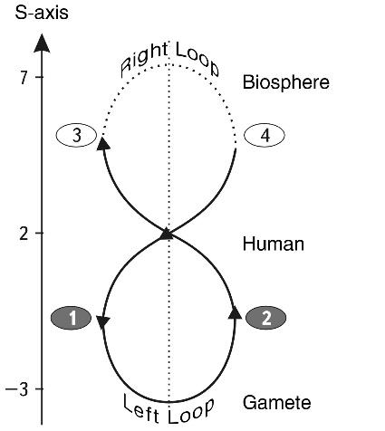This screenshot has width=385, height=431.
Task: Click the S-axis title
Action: pos(42,13)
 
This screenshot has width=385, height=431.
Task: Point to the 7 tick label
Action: pos(24,78)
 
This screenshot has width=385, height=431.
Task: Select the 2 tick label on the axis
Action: pos(24,234)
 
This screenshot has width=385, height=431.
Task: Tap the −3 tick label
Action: pos(17,389)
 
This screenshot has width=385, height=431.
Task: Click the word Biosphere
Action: pos(286,82)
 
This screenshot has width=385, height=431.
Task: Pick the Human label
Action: pos(274,244)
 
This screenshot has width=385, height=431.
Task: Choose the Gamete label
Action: pos(277,402)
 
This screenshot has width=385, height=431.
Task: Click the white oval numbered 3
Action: pos(76,135)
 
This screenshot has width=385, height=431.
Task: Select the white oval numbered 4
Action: pos(265,135)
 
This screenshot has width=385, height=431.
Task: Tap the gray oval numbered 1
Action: pos(72,318)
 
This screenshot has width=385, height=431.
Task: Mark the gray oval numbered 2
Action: pos(266,318)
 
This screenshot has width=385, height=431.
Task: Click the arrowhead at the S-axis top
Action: pos(42,43)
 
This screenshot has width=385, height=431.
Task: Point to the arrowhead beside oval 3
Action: pos(103,143)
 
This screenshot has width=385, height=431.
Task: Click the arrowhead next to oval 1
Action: pos(103,321)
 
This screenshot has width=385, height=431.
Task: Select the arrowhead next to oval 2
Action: pos(235,312)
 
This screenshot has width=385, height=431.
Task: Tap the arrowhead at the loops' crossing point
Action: pos(166,235)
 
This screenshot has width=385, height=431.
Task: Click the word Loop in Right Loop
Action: pos(197,59)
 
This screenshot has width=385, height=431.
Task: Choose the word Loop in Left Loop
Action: pos(191,411)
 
